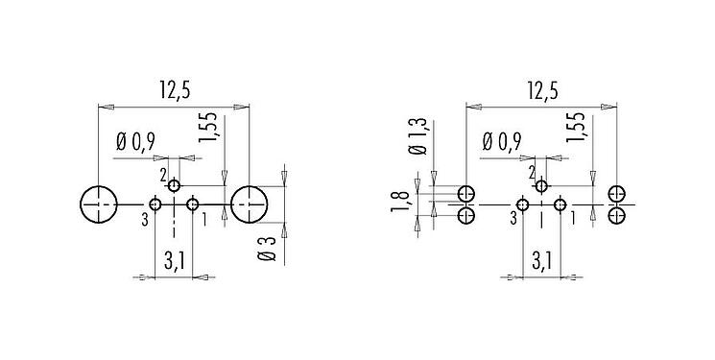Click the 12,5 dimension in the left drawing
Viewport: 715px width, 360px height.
point(173,90)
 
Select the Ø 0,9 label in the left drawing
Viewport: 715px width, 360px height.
point(135,142)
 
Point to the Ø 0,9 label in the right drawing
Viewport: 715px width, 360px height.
point(502,142)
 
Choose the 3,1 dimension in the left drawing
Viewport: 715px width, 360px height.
point(173,260)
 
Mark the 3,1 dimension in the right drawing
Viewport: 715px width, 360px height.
point(540,260)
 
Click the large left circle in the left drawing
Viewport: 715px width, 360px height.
point(98,204)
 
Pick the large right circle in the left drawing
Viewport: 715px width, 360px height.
point(250,204)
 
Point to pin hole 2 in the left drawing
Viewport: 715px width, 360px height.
point(174,185)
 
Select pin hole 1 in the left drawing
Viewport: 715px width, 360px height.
point(193,204)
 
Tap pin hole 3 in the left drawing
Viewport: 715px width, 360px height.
point(155,204)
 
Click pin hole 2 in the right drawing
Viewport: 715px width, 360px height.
point(541,186)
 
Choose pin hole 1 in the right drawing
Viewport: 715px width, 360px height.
point(560,204)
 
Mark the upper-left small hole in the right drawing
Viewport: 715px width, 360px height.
point(466,193)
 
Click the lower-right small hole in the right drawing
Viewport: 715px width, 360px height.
point(618,215)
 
